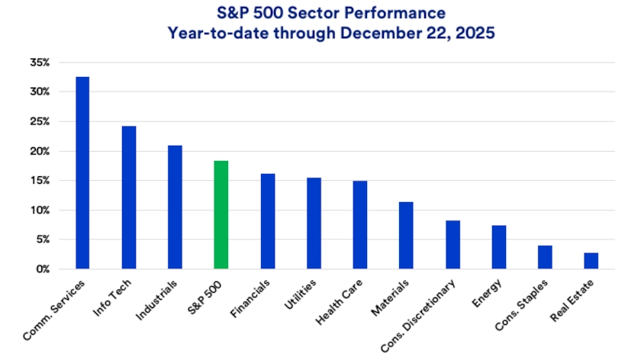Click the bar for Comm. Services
point(82,173)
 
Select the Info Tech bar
point(128,198)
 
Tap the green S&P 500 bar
point(221,215)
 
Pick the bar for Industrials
point(175,207)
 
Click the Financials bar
point(267,221)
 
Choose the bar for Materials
point(406,236)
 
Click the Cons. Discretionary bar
point(453,245)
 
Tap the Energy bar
point(498,247)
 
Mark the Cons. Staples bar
point(545,257)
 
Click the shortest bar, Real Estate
point(591,261)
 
